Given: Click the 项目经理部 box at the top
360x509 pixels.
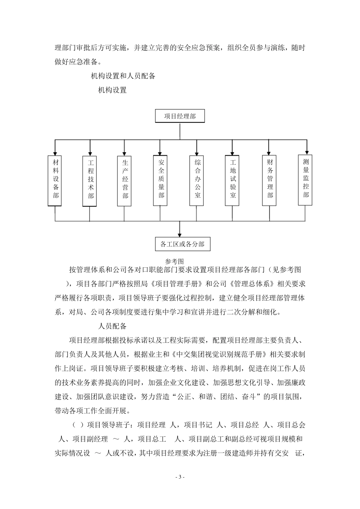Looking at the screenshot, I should point(180,116).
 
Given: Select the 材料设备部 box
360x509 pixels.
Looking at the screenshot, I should point(55,180).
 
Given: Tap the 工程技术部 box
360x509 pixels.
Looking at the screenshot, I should point(90,180).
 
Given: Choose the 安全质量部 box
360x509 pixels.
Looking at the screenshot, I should point(160,180).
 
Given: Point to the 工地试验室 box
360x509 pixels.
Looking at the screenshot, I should point(232,180).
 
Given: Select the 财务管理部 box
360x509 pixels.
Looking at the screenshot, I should point(269,180).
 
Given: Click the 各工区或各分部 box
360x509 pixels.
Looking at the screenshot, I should point(182,244).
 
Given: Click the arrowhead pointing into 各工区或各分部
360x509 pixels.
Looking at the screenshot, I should point(180,234).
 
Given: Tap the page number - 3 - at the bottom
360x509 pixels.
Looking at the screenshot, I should point(180,477).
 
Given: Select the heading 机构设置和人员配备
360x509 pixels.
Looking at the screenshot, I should point(123,76).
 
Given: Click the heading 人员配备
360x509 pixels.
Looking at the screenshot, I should point(112,326).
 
